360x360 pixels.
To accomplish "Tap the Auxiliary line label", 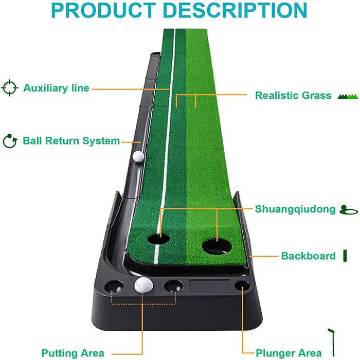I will click(x=56, y=88).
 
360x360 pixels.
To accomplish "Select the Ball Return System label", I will click(x=71, y=140).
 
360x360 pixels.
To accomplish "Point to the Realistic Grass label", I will click(x=293, y=95).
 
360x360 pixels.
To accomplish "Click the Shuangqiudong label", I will click(x=295, y=209).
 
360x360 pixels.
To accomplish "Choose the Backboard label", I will click(x=308, y=256).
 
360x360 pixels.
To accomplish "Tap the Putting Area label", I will click(x=73, y=353).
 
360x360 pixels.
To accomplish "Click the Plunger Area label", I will click(x=290, y=353).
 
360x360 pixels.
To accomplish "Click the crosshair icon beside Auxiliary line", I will click(x=10, y=87).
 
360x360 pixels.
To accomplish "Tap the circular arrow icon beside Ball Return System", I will click(x=9, y=140).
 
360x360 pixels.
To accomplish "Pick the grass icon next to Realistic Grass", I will click(x=347, y=96).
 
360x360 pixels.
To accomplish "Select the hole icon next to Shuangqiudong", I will click(x=347, y=210).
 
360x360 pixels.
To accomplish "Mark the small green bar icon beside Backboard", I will click(x=345, y=256).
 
